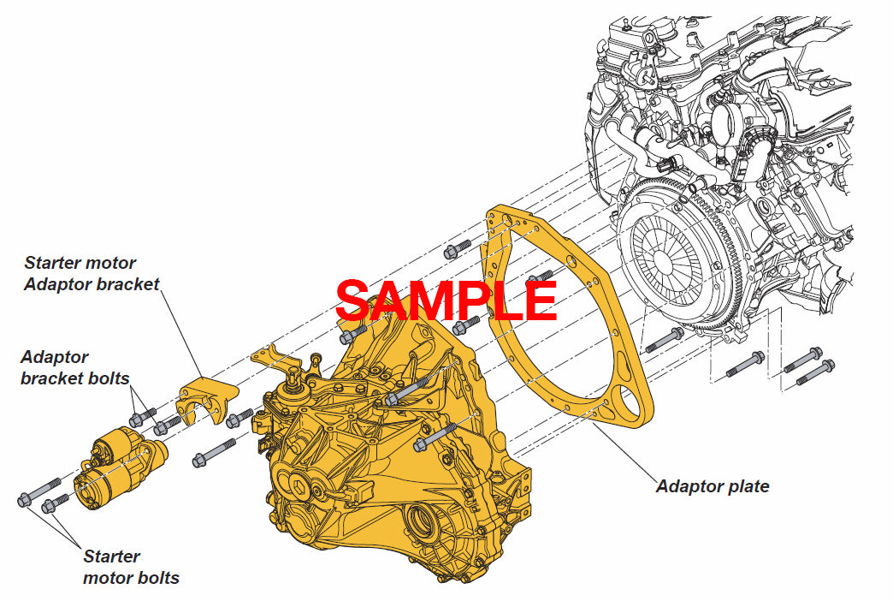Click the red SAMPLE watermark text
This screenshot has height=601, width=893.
point(446,300)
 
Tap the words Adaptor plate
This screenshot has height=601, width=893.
point(712,486)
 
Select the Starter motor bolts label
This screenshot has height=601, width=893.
point(130,567)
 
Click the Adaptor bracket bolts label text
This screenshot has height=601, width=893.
point(74,367)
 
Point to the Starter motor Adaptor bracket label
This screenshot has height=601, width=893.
point(92,274)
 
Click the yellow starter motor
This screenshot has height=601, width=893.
point(120,469)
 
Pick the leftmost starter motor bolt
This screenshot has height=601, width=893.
point(38,492)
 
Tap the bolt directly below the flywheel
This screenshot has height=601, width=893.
point(664,342)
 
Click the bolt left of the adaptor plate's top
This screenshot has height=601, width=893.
point(458,249)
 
